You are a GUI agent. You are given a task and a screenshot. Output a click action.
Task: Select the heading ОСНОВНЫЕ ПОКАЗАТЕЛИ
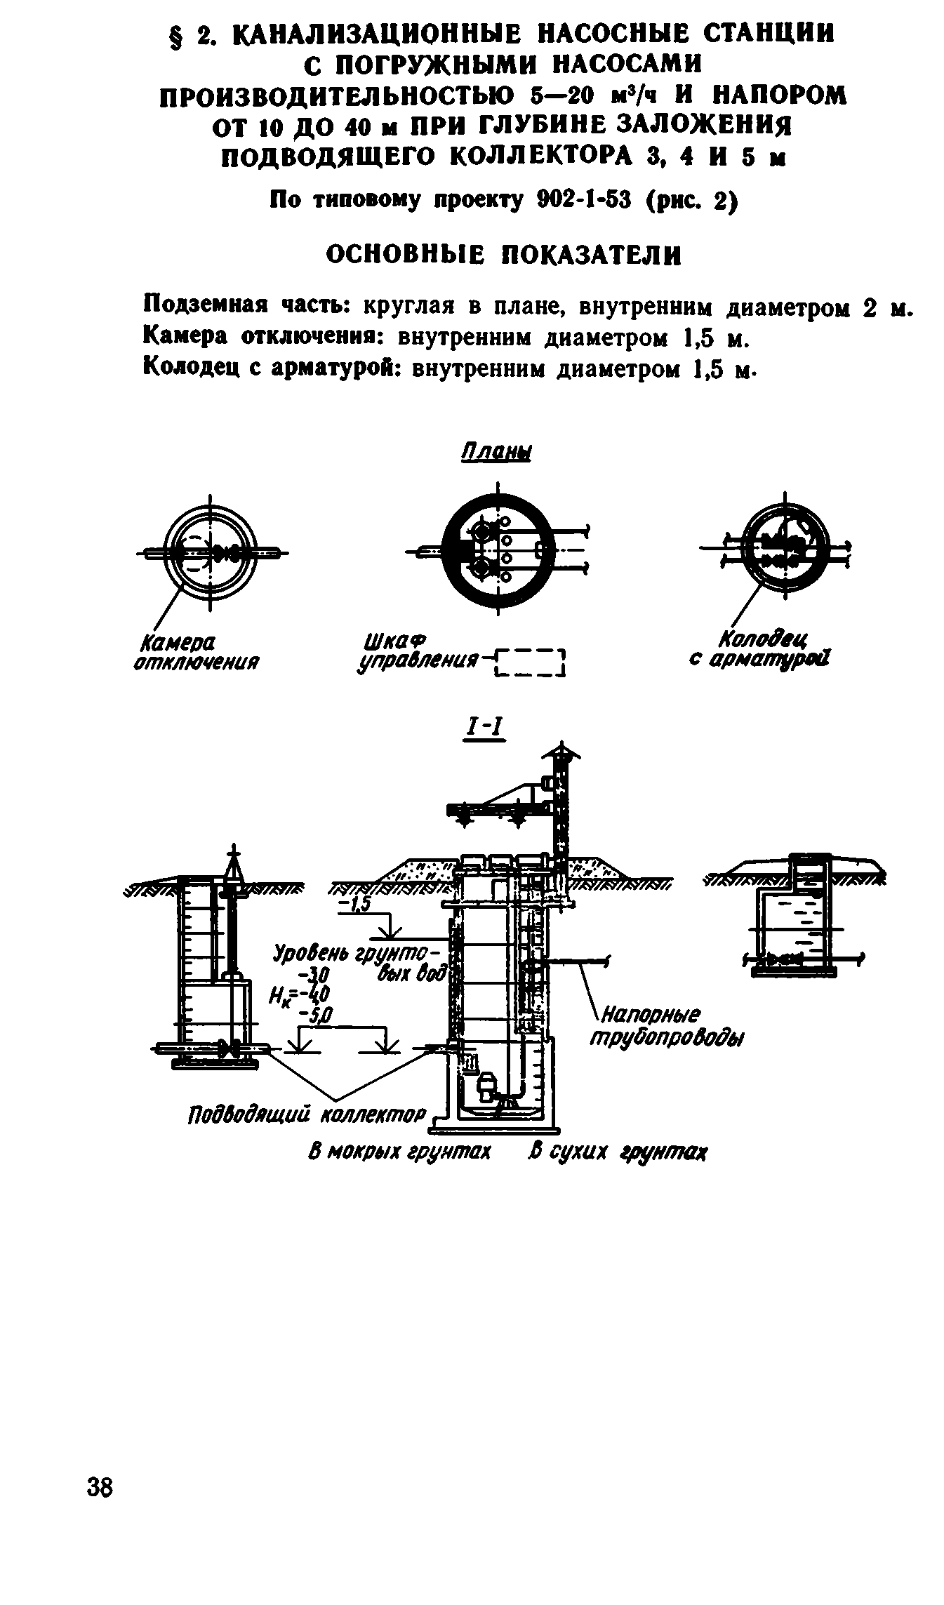[x=504, y=255]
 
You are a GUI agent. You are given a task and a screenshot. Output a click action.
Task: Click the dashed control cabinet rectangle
[x=530, y=663]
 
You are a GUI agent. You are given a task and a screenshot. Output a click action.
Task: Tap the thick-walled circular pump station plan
[x=497, y=550]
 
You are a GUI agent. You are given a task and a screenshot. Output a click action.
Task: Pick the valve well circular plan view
[x=785, y=550]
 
